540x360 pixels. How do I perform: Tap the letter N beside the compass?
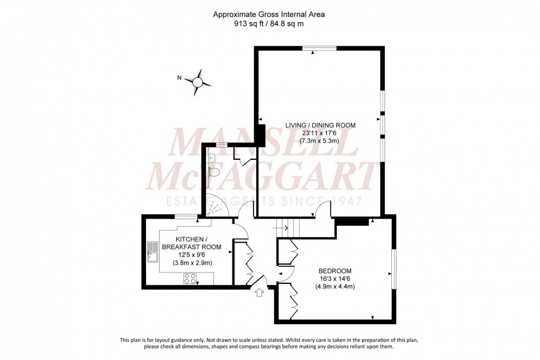pyautogui.click(x=179, y=78)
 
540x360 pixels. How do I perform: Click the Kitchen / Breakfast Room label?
pyautogui.click(x=191, y=243)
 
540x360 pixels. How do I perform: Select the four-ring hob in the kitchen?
pyautogui.click(x=190, y=278)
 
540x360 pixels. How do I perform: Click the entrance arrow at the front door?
pyautogui.click(x=259, y=293)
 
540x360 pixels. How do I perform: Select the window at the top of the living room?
pyautogui.click(x=319, y=49)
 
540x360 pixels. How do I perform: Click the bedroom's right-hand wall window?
pyautogui.click(x=393, y=268)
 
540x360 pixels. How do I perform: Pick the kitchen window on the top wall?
pyautogui.click(x=186, y=216)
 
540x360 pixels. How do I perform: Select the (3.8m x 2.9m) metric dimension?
pyautogui.click(x=191, y=262)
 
